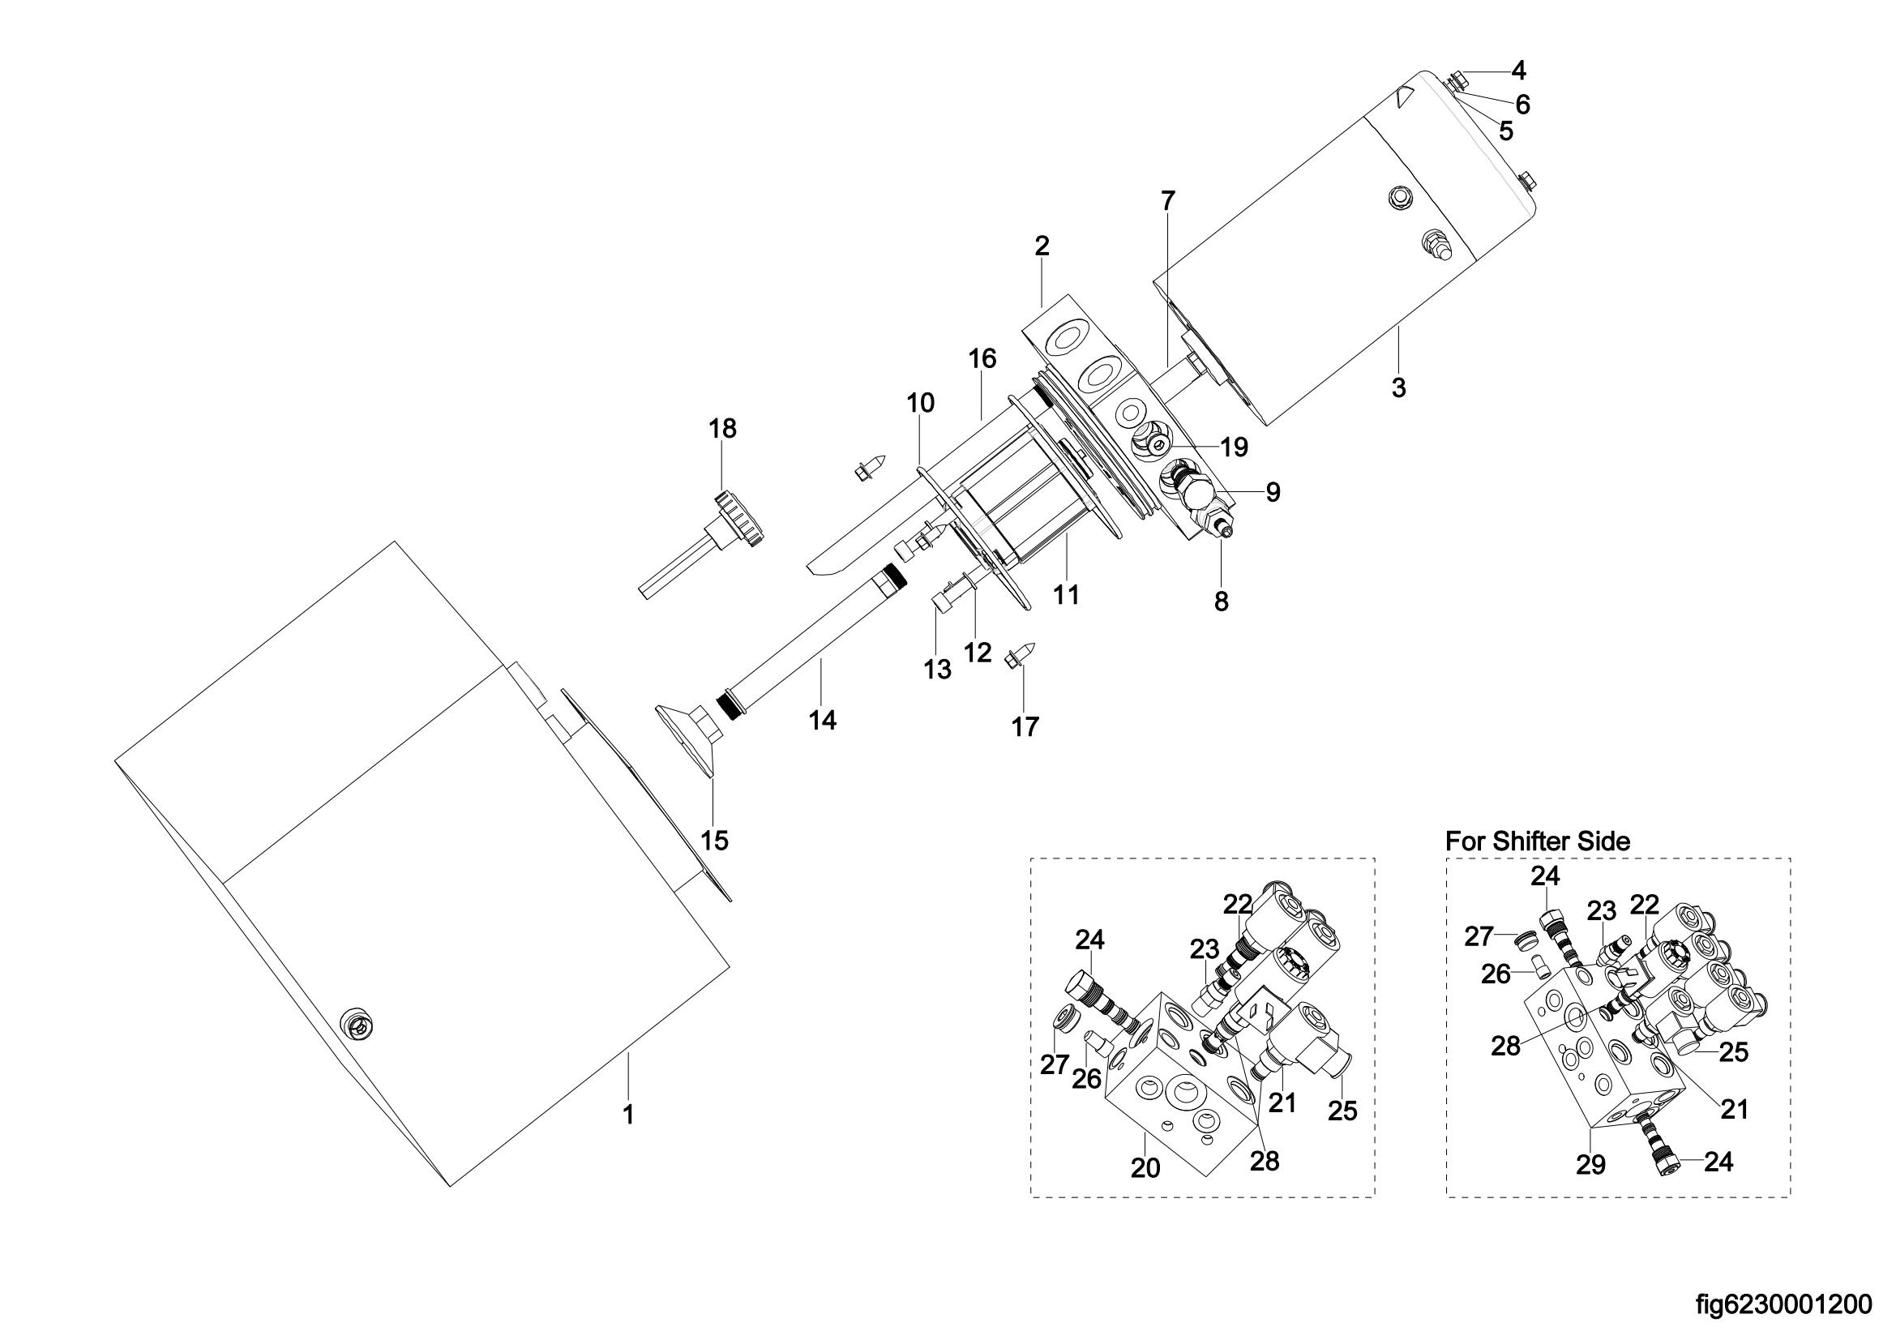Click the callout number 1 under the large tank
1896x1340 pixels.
coord(628,1115)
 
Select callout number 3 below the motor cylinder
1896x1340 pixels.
coord(1398,387)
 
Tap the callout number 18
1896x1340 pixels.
coord(722,429)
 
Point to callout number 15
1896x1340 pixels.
coord(714,841)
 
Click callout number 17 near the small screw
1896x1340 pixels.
coord(1025,726)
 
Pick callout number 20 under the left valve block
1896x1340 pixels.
coord(1145,1167)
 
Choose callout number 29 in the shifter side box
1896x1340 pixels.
coord(1590,1164)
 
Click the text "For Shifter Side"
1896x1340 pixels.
coord(1538,841)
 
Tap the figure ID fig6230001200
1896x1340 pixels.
coord(1783,1305)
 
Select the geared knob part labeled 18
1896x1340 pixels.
coord(703,542)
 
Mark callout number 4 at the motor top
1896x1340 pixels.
coord(1517,71)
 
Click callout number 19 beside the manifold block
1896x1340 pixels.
coord(1234,447)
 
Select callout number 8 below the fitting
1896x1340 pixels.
coord(1222,602)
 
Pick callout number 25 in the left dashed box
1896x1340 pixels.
coord(1342,1111)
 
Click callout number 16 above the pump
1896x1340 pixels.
coord(982,358)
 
